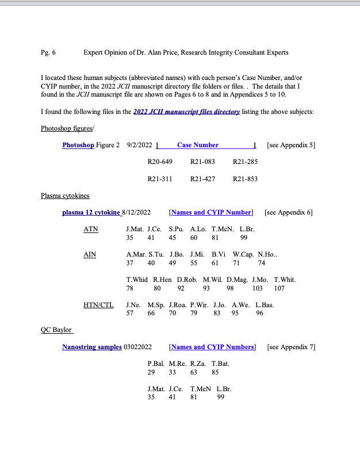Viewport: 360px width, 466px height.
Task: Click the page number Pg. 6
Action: click(48, 52)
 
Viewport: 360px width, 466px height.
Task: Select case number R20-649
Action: click(160, 162)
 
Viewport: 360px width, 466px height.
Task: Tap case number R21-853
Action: click(245, 179)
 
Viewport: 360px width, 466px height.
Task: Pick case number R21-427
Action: click(202, 179)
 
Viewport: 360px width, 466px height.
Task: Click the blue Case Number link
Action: click(198, 145)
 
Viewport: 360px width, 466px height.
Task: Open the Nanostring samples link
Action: click(92, 347)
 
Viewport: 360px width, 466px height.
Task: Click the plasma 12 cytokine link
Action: click(91, 213)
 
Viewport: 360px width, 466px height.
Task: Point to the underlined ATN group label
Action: click(91, 229)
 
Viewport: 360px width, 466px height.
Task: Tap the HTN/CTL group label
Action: click(98, 305)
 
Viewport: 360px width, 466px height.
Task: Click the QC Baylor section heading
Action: click(56, 330)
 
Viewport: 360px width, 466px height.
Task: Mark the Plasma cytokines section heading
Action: click(65, 196)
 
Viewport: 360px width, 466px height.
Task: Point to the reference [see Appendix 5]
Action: click(291, 145)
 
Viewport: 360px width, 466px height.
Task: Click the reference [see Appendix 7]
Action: click(292, 347)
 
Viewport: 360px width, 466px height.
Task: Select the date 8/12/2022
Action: click(137, 213)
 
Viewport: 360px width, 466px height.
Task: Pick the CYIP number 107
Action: click(279, 288)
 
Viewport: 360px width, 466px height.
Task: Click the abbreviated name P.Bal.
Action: click(156, 364)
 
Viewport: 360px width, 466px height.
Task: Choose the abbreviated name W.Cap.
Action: click(243, 254)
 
